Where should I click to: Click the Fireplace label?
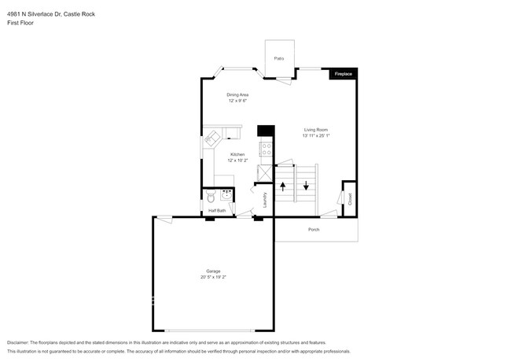[x=344, y=73]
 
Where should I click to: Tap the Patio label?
[x=278, y=59]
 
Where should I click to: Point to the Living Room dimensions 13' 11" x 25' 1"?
[x=316, y=135]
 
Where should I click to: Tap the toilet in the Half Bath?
[x=210, y=197]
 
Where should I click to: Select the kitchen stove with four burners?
[x=266, y=147]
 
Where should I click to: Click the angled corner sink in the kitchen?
[x=212, y=139]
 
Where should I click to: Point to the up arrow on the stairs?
[x=283, y=187]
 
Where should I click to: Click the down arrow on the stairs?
[x=305, y=187]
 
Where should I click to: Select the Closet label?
[x=350, y=201]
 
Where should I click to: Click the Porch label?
[x=314, y=230]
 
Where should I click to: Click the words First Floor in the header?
[x=20, y=23]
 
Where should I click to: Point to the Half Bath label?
[x=217, y=211]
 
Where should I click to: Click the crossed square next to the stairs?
[x=265, y=174]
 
